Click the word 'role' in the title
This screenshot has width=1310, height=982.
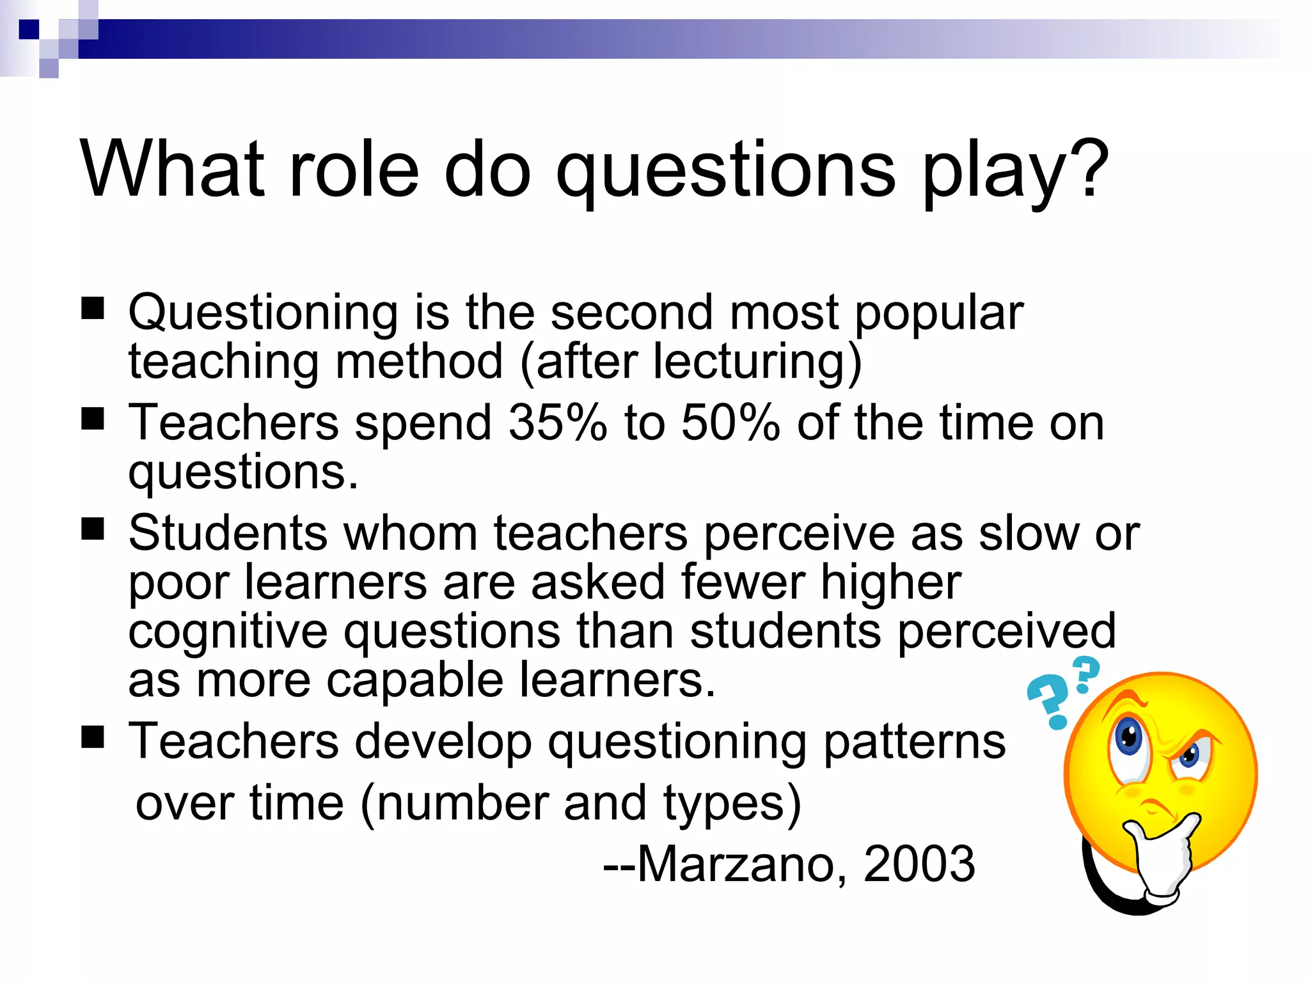[354, 169]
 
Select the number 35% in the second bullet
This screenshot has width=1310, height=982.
[557, 423]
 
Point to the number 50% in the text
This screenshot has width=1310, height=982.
[730, 423]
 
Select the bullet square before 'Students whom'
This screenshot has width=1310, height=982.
[93, 529]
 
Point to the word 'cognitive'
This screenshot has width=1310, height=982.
[228, 632]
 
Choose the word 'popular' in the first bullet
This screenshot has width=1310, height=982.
[938, 313]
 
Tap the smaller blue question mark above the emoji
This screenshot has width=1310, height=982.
[1085, 674]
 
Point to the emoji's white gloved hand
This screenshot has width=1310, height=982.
[1161, 857]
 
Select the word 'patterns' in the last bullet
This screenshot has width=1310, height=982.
[914, 742]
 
